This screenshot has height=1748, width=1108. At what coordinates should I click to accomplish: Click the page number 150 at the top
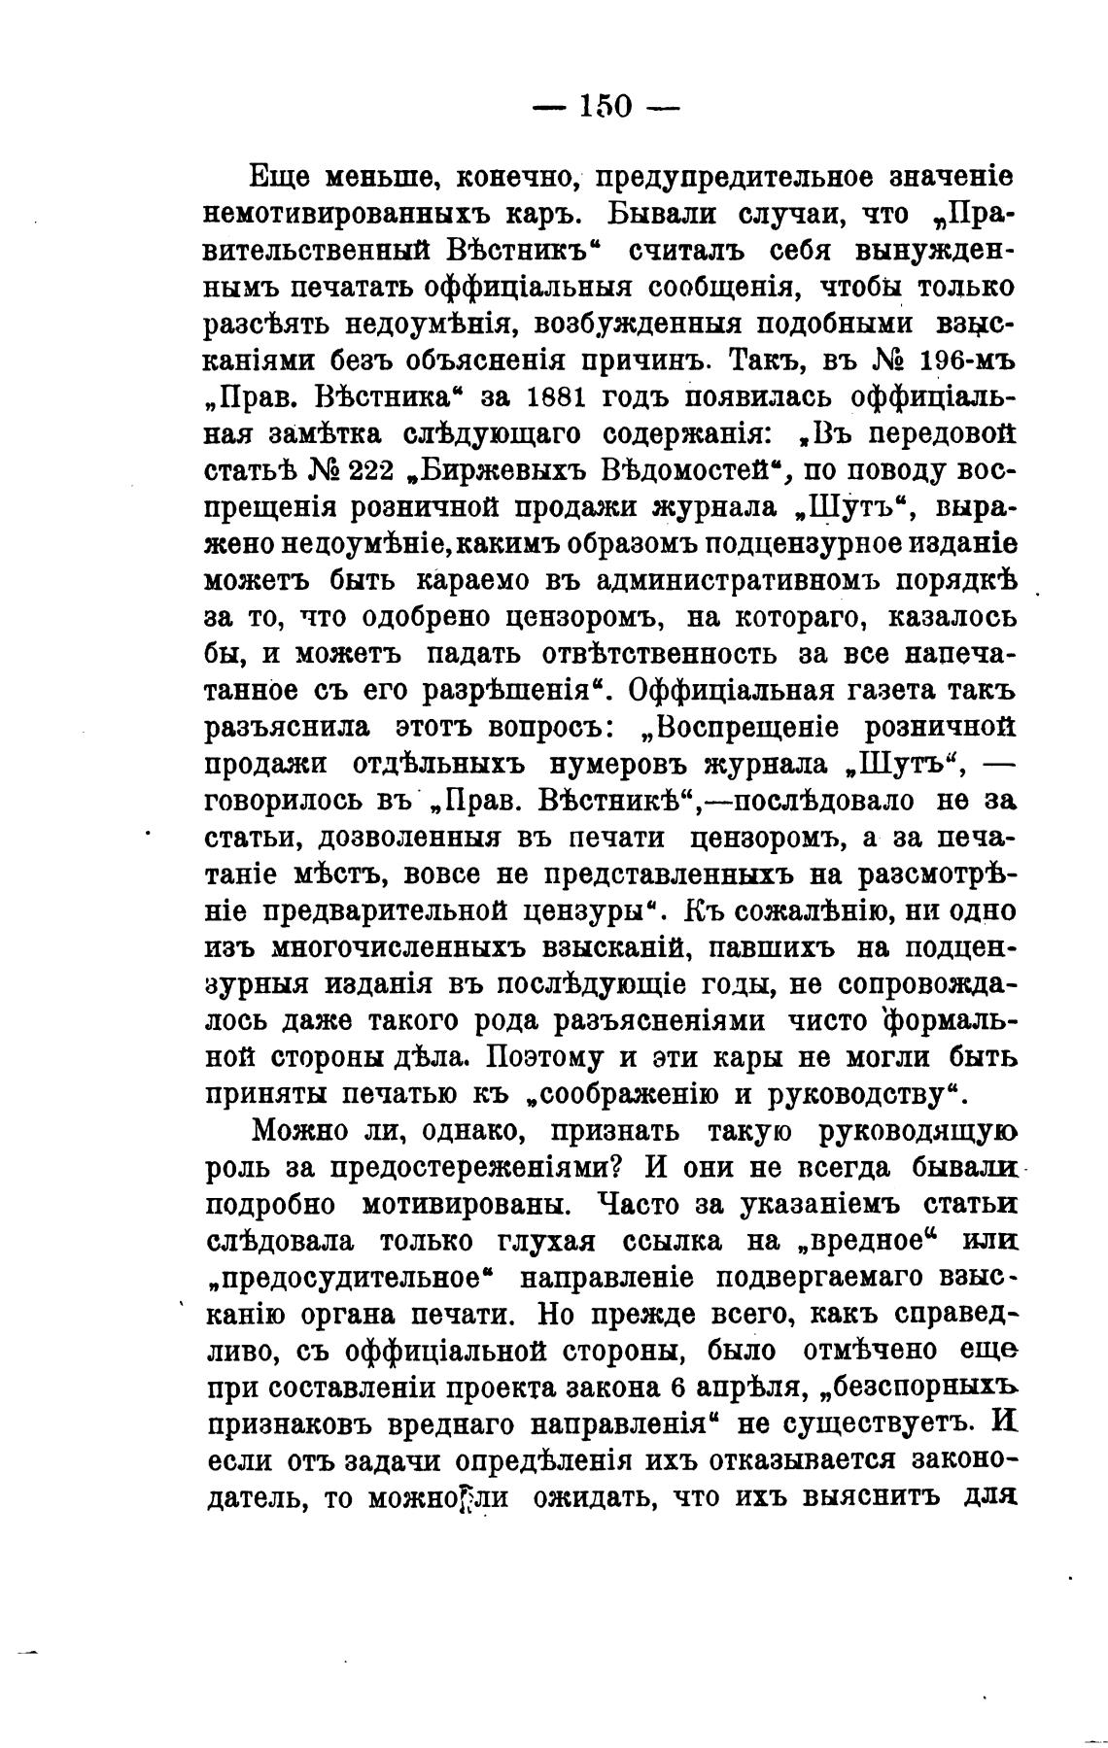pos(606,105)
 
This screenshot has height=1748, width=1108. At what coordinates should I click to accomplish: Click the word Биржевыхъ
pos(498,470)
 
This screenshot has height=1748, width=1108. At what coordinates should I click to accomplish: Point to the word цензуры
pos(576,911)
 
